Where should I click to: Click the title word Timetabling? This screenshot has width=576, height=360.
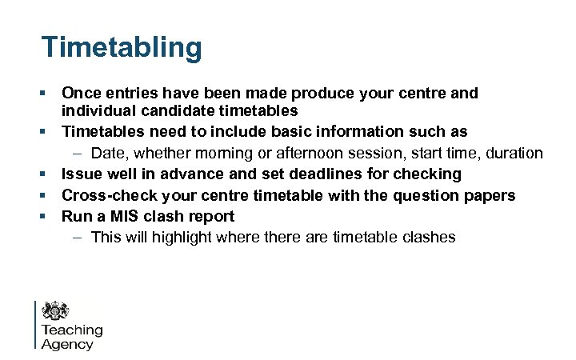click(x=122, y=47)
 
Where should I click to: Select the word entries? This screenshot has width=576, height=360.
click(x=135, y=94)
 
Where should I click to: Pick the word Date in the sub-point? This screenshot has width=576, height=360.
click(x=107, y=153)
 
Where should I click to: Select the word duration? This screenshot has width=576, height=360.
click(x=514, y=153)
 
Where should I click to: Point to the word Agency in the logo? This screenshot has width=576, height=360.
click(x=67, y=345)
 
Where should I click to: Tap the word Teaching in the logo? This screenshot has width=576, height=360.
click(x=72, y=330)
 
